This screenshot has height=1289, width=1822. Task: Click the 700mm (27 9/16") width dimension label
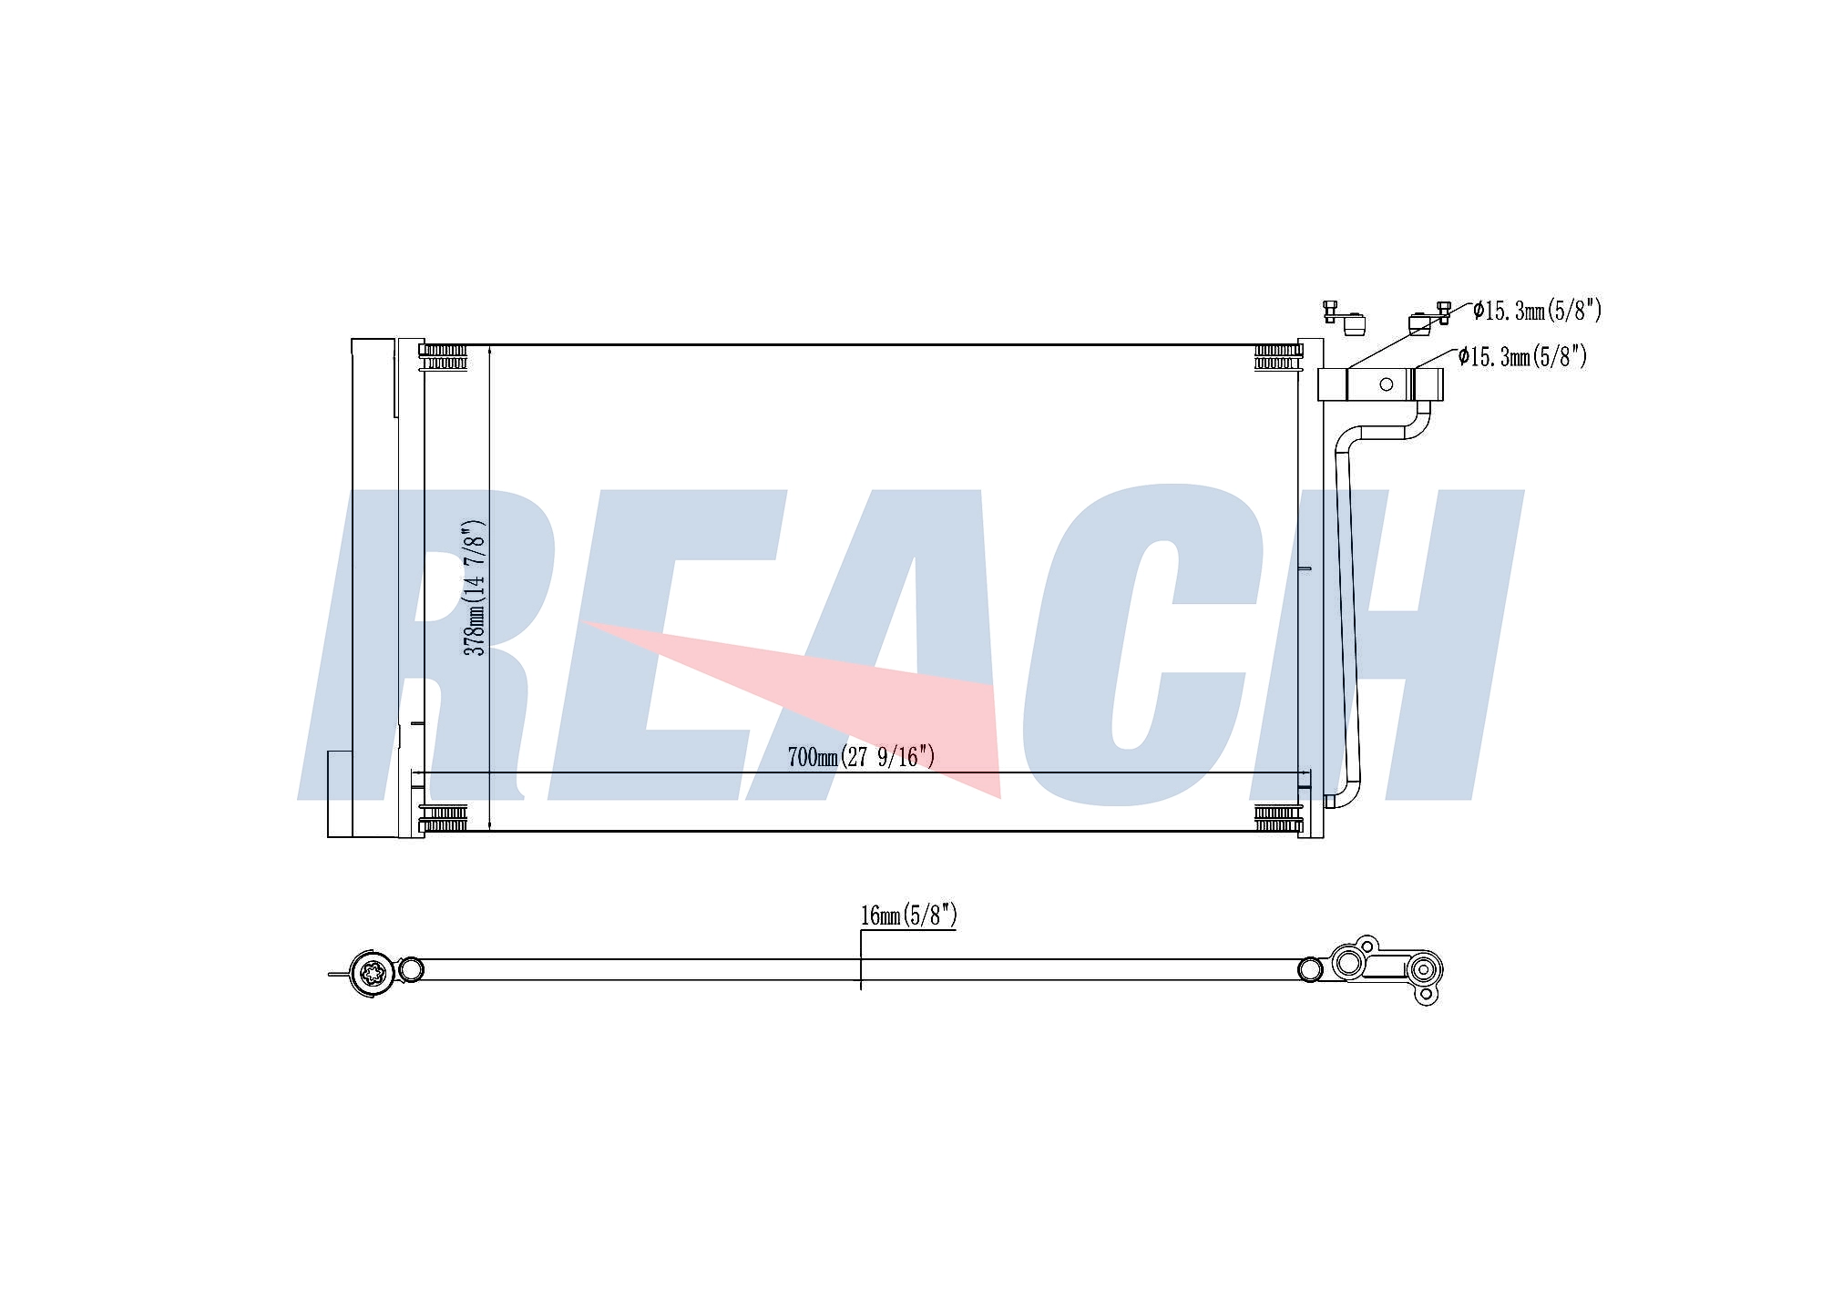tap(861, 756)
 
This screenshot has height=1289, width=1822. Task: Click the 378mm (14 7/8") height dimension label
tap(475, 588)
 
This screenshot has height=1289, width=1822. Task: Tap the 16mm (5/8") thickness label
tap(908, 915)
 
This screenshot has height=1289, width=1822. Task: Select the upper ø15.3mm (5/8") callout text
tap(1537, 311)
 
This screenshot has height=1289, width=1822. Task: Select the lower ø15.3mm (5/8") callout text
tap(1522, 356)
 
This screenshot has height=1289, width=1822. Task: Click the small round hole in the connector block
tap(1386, 384)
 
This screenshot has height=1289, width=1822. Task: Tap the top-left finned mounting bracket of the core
tap(444, 357)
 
